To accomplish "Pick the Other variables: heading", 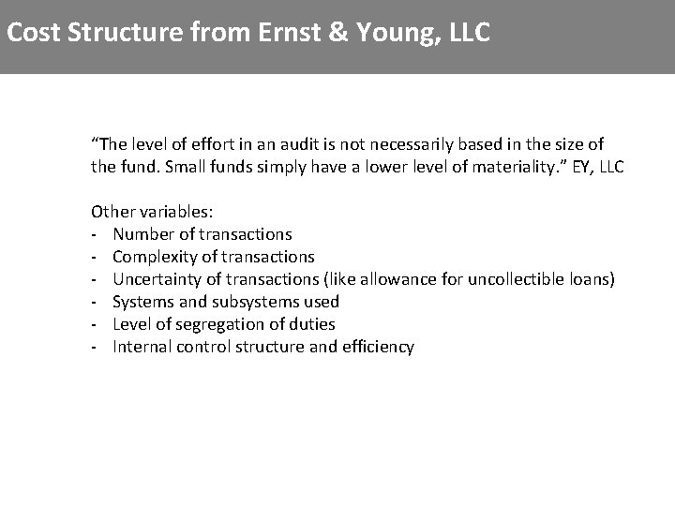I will point(152,212).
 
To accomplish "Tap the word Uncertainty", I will point(156,279).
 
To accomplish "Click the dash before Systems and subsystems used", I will point(95,302).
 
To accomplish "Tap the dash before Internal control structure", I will point(95,347).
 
